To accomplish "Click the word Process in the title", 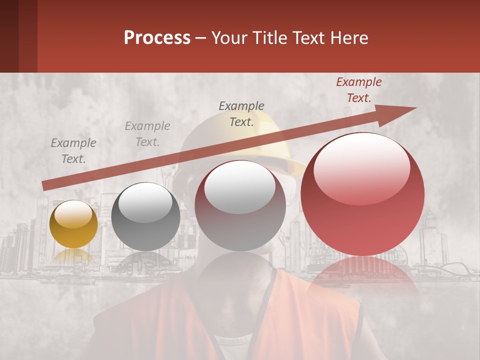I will [x=157, y=38].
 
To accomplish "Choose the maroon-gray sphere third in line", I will [x=240, y=206].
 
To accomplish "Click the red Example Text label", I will [x=359, y=90].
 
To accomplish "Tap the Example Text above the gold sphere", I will [x=73, y=151].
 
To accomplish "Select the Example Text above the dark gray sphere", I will [x=147, y=134].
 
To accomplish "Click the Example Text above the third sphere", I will [x=241, y=114].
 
